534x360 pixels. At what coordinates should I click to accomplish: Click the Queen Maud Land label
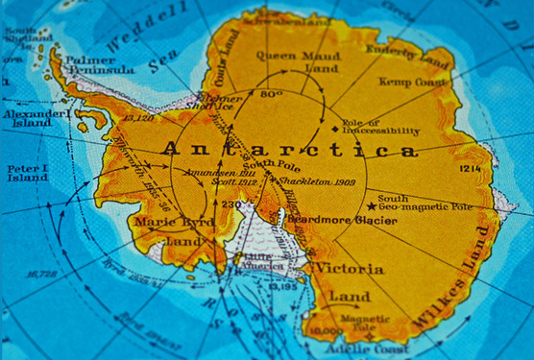coord(289,61)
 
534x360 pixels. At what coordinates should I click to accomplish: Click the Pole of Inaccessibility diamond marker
coord(334,127)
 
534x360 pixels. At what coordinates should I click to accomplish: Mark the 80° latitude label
coord(270,94)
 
